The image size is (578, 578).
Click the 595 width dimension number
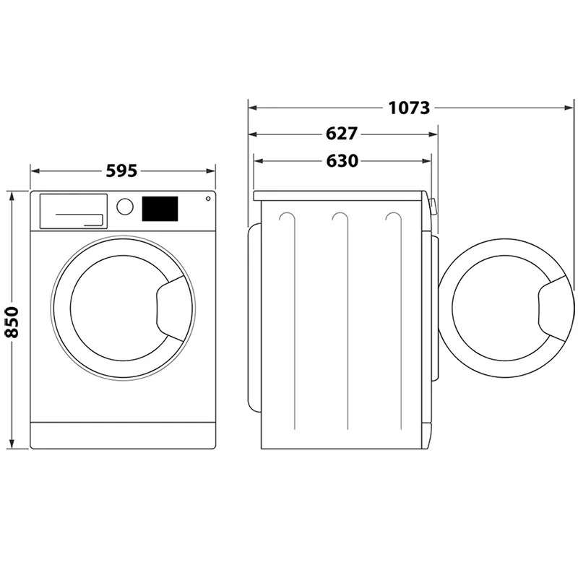121,171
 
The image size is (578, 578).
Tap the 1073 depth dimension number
409,108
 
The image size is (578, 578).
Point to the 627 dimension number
342,134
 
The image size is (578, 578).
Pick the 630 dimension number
342,161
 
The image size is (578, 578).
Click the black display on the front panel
160,209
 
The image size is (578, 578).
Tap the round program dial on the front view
125,207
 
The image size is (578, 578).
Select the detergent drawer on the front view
72,211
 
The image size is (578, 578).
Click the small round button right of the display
208,199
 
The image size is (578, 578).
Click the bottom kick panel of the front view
123,434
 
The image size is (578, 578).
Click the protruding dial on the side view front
432,207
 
